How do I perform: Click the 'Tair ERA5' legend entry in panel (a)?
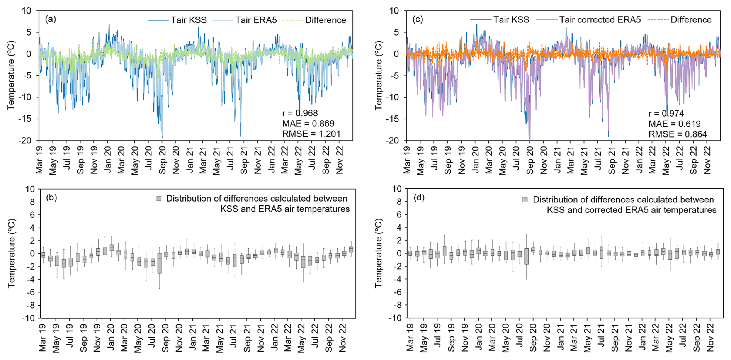[256, 20]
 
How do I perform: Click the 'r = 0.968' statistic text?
[300, 113]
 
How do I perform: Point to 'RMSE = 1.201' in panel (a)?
[311, 134]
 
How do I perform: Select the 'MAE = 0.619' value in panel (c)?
[674, 124]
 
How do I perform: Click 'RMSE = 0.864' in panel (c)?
[677, 134]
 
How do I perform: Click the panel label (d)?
[419, 198]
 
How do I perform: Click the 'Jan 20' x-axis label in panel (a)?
[108, 159]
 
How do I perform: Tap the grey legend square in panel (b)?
[159, 199]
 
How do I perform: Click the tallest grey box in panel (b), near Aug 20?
[160, 263]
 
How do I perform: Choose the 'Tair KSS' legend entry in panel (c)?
[511, 20]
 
